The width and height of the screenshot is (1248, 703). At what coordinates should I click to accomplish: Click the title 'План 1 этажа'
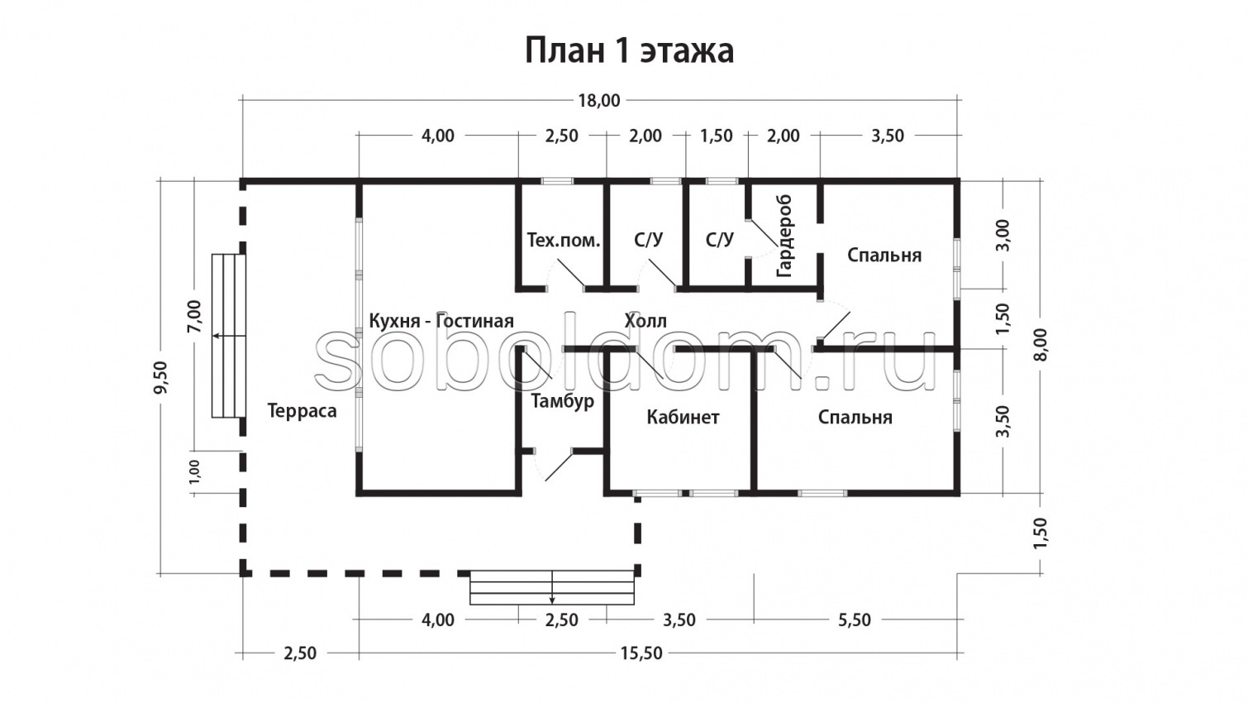629,50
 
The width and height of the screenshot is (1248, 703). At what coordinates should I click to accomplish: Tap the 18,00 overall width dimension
598,101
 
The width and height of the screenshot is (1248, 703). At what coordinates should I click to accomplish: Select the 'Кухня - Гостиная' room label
441,321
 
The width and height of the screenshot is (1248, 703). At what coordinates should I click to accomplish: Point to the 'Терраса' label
302,411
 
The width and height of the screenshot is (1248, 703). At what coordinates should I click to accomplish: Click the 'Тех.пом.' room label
563,241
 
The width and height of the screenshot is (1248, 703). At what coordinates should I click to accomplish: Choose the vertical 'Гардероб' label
784,236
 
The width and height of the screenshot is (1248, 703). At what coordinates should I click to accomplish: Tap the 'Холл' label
645,321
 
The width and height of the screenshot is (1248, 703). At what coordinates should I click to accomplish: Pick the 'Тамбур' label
562,401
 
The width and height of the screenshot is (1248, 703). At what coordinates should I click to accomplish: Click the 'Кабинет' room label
683,417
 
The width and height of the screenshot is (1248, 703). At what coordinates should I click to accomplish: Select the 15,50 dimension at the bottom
641,653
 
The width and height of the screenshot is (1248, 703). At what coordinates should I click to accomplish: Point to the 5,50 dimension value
854,620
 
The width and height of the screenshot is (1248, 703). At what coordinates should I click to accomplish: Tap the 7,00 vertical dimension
194,316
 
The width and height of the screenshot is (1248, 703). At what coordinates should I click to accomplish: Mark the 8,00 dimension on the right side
1040,344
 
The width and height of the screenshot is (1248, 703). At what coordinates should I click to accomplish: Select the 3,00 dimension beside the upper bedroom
1003,235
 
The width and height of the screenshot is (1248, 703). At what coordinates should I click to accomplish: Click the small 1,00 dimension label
194,471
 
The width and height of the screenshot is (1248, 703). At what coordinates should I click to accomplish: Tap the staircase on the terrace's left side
229,336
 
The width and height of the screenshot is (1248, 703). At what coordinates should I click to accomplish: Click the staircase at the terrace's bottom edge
552,587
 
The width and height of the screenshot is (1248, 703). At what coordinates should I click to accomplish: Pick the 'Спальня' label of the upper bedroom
884,255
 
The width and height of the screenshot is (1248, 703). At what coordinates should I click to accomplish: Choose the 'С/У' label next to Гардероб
719,240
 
